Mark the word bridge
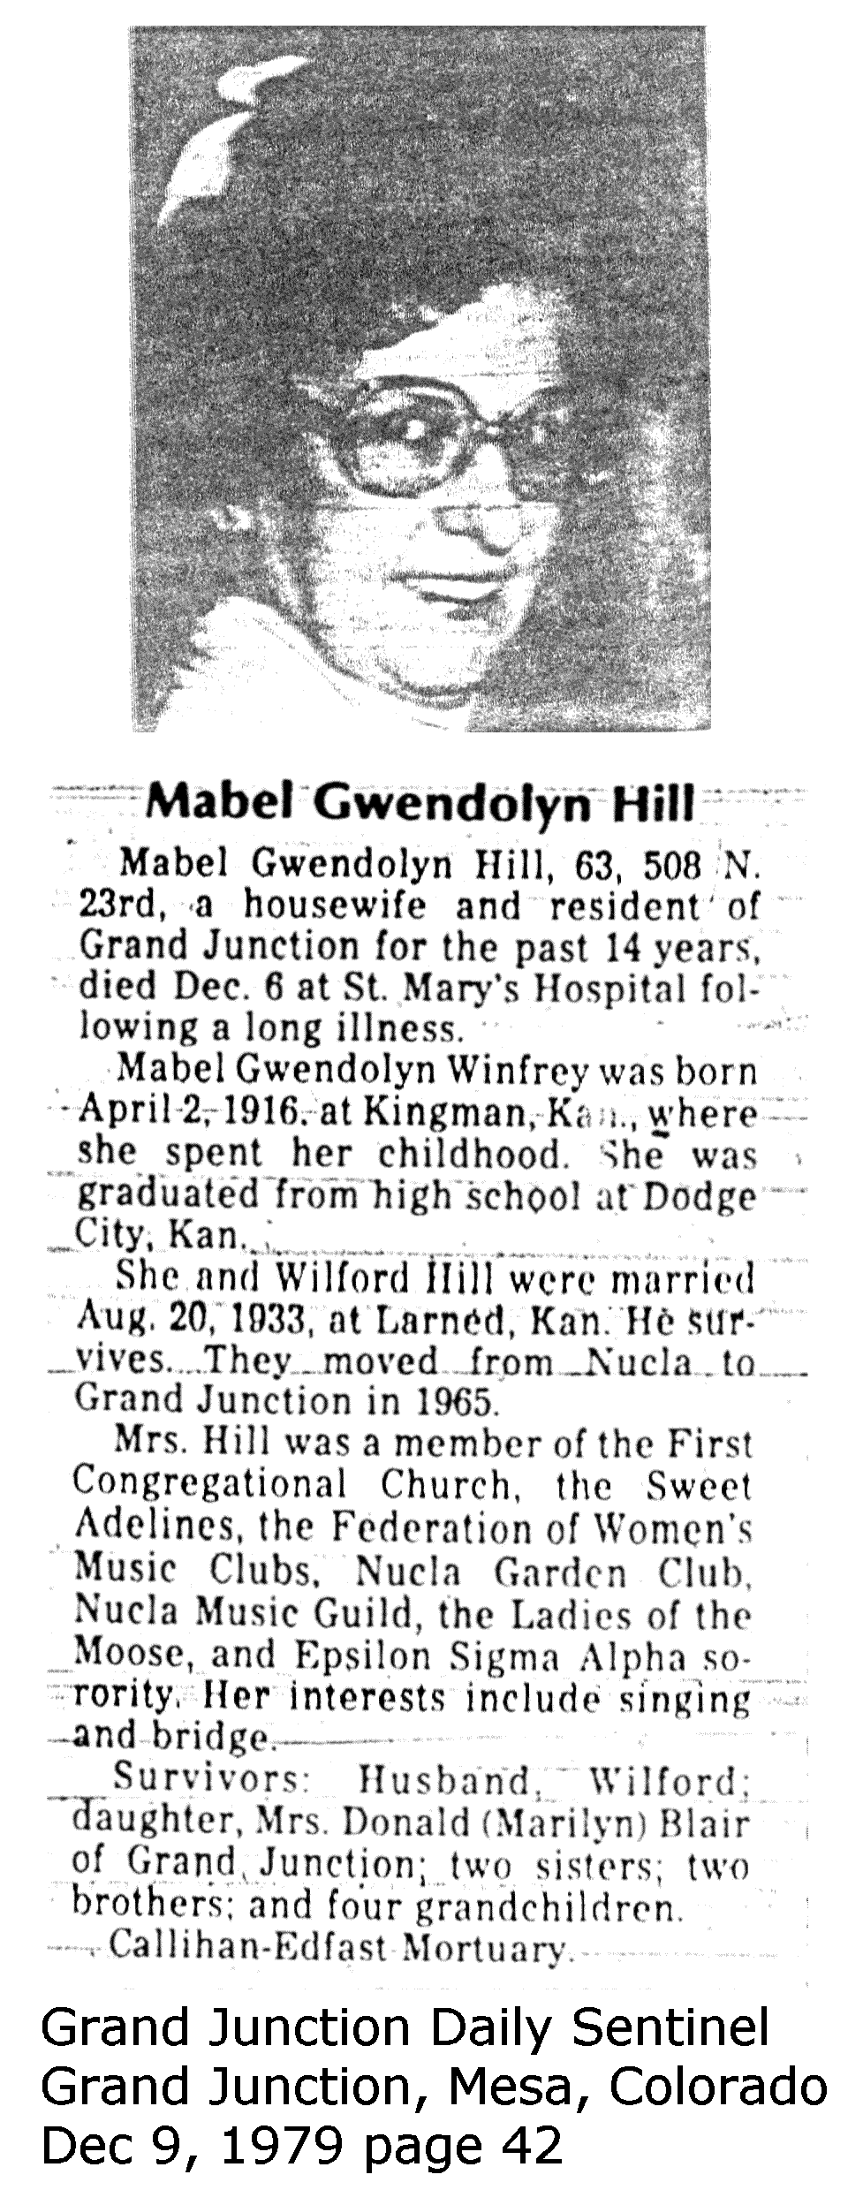point(211,1738)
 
